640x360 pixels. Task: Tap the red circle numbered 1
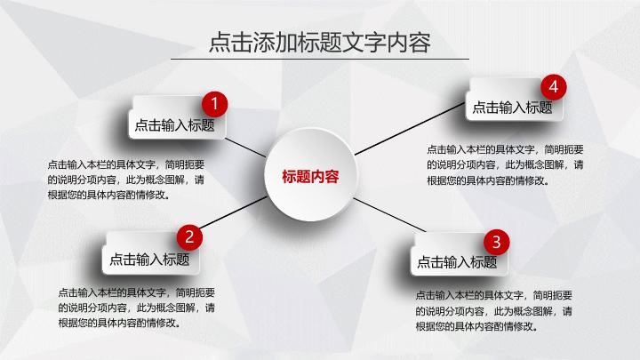click(214, 102)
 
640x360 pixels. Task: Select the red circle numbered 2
click(189, 237)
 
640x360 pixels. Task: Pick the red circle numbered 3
click(496, 242)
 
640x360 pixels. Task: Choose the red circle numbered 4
click(554, 87)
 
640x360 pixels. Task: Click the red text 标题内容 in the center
click(310, 176)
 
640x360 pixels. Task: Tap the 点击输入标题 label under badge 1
click(175, 125)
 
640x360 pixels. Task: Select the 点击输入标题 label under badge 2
click(149, 260)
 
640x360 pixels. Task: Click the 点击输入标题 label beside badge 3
click(457, 261)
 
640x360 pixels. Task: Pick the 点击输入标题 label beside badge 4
click(512, 108)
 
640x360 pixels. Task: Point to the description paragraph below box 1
click(130, 180)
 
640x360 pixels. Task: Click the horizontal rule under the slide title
click(319, 60)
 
